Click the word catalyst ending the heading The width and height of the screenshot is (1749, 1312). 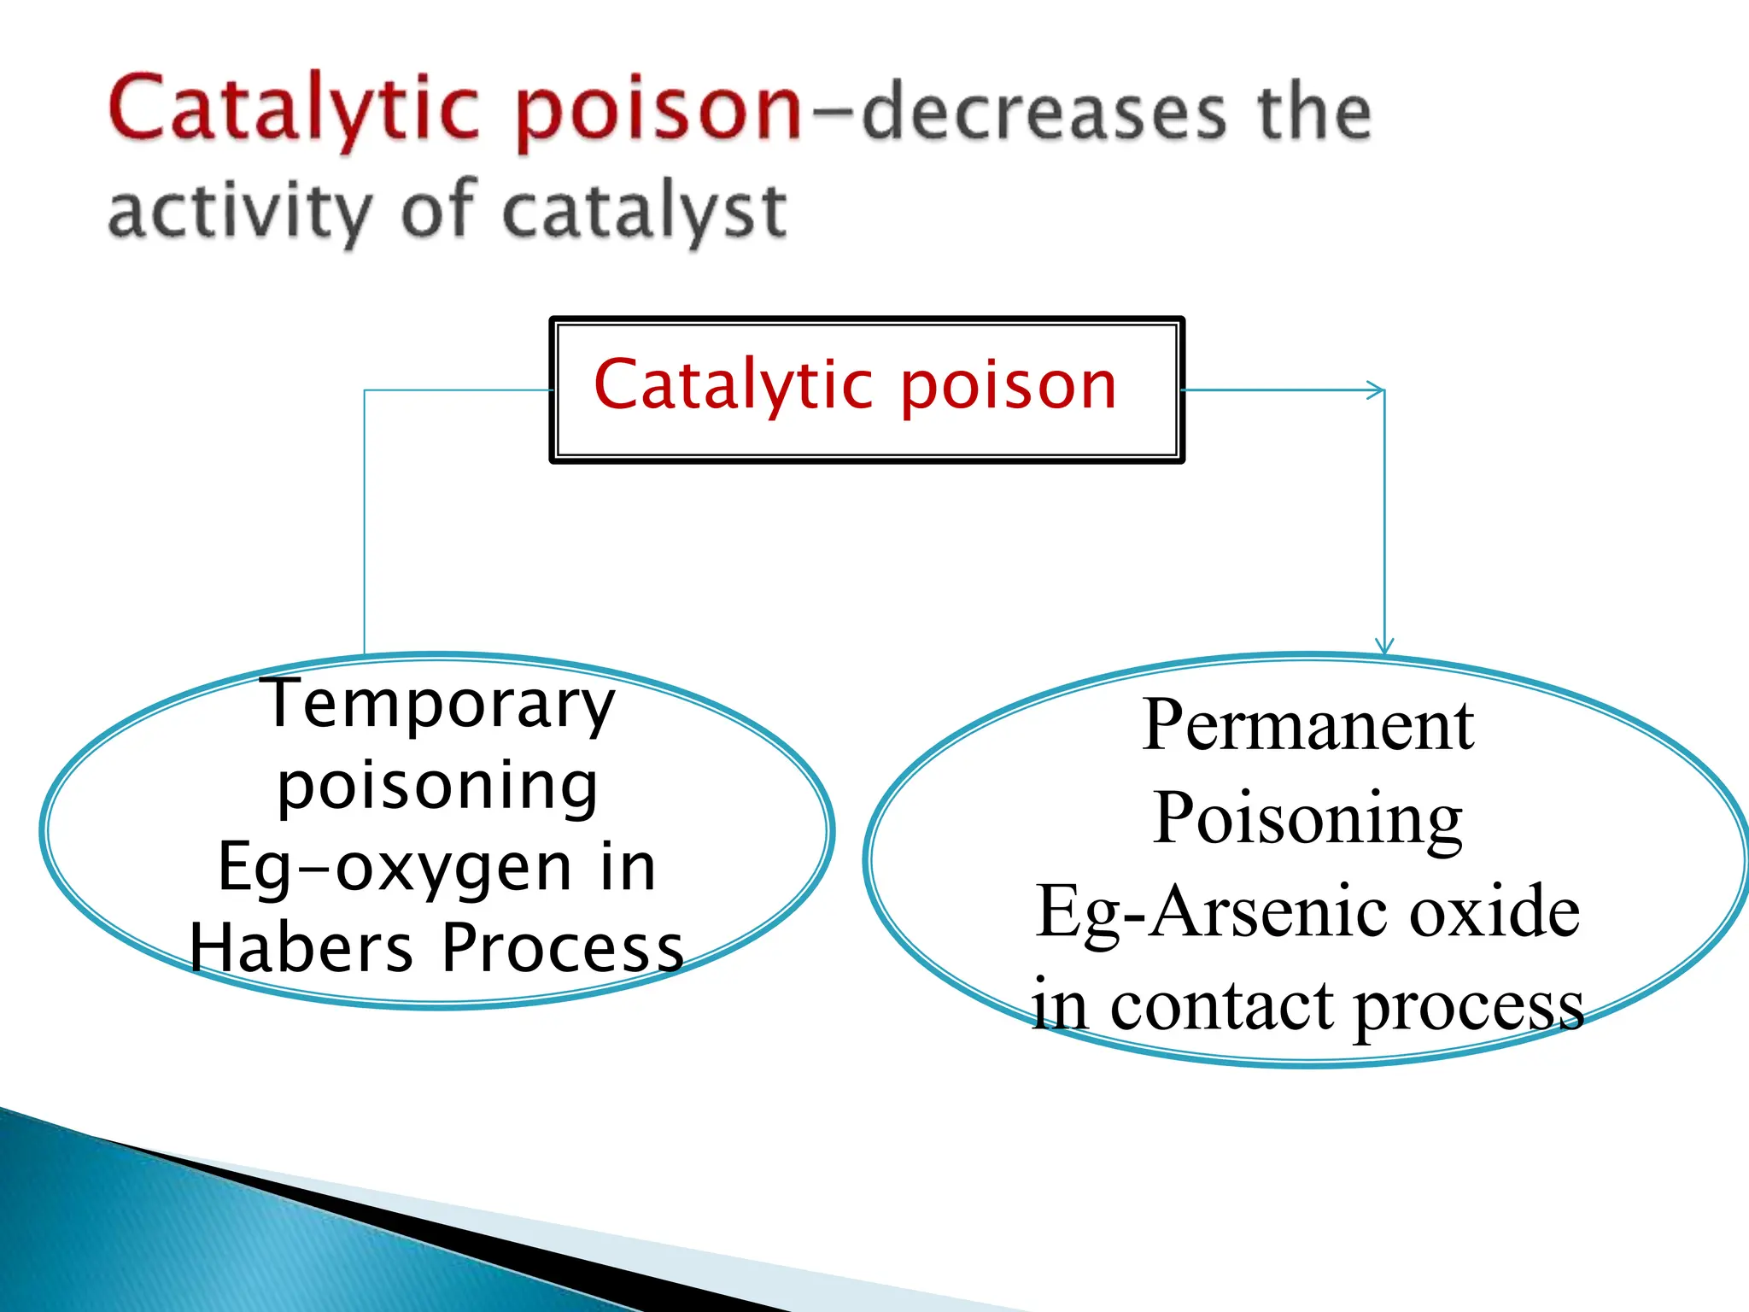point(645,212)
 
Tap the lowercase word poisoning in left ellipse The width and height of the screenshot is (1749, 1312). point(437,787)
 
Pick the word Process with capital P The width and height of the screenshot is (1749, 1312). point(564,948)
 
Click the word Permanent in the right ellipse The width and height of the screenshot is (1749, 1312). point(1307,726)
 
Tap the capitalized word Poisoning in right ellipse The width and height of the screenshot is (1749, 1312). point(1307,818)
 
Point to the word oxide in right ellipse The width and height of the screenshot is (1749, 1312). point(1494,912)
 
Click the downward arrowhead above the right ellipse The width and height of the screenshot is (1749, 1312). point(1384,647)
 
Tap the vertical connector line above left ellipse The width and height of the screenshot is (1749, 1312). point(365,521)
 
